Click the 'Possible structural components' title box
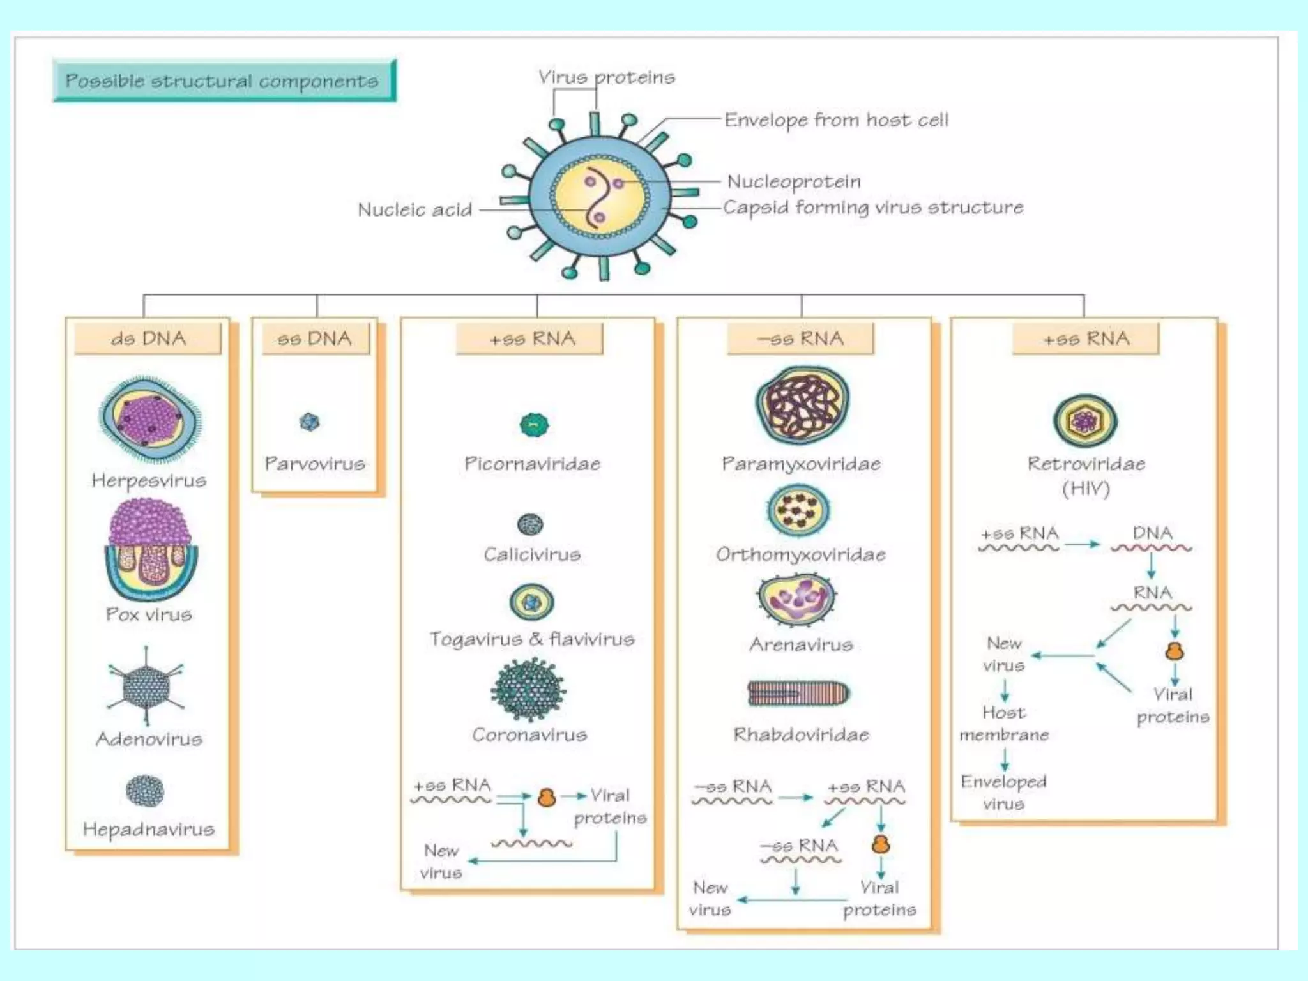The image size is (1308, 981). point(224,81)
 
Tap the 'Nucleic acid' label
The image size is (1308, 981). point(415,209)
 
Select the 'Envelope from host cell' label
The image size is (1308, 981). point(836,120)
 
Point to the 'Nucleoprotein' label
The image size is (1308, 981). point(794,181)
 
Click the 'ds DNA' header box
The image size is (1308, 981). point(148,338)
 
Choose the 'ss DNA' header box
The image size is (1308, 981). point(315,338)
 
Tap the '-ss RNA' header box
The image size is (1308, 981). point(800,338)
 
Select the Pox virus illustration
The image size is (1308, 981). point(150,550)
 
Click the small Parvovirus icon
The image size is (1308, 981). point(309,422)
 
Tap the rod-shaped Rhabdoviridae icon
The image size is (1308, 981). point(798,693)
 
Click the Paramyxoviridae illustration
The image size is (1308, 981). point(802,405)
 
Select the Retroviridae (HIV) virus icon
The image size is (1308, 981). point(1084,421)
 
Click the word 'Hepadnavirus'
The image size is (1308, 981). point(149,829)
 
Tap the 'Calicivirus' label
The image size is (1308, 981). point(532,554)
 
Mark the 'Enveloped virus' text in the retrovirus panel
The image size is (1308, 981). point(1003,793)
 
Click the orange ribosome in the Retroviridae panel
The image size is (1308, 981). point(1175,651)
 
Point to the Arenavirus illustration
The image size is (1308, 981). point(796,599)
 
